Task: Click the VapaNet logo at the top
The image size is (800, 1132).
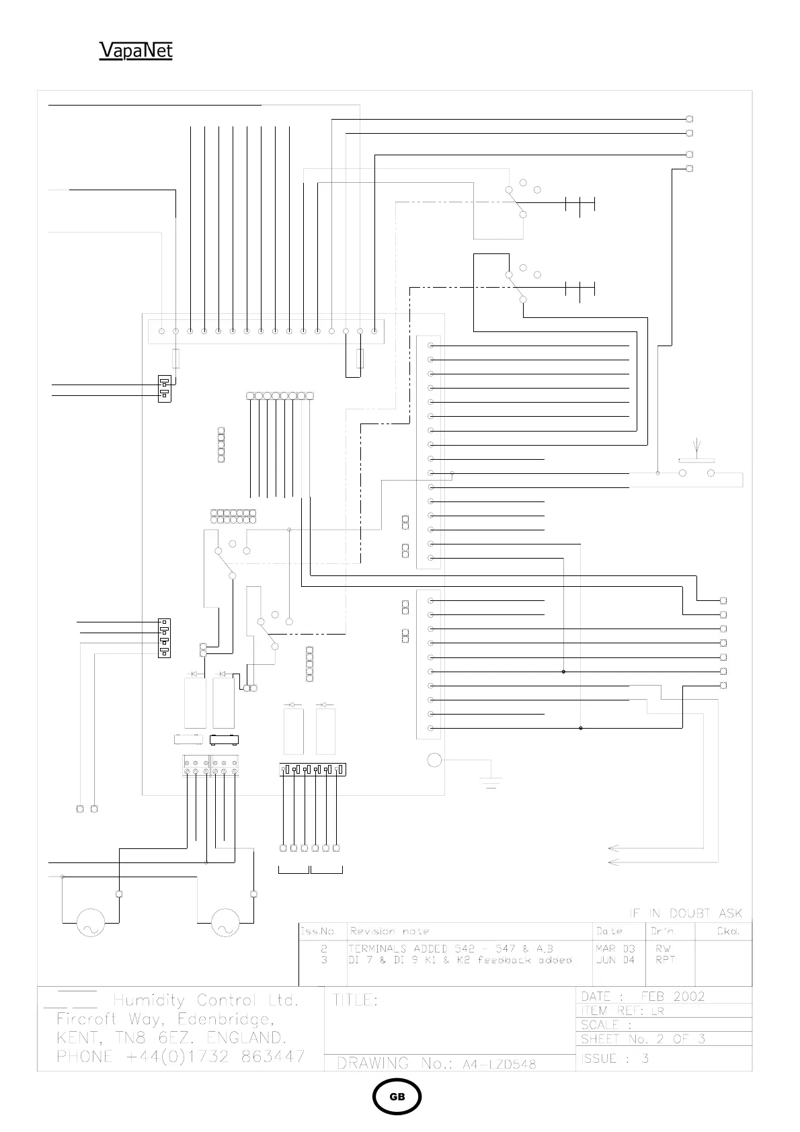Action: coord(136,51)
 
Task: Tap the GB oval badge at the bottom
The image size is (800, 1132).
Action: coord(397,1096)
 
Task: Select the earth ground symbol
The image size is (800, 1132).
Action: coord(491,781)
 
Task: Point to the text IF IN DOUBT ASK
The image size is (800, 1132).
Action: coord(686,913)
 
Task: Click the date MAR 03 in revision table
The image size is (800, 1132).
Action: coord(615,948)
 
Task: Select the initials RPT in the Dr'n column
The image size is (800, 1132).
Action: coord(665,960)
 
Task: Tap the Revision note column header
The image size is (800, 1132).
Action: coord(389,931)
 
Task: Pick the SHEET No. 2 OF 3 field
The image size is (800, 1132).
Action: coord(643,1039)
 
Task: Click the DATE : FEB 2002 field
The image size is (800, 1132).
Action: coord(643,996)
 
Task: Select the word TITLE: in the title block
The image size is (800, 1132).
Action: coord(356,1000)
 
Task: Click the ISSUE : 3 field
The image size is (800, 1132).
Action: coord(615,1059)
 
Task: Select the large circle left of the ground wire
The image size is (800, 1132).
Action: coord(434,760)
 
